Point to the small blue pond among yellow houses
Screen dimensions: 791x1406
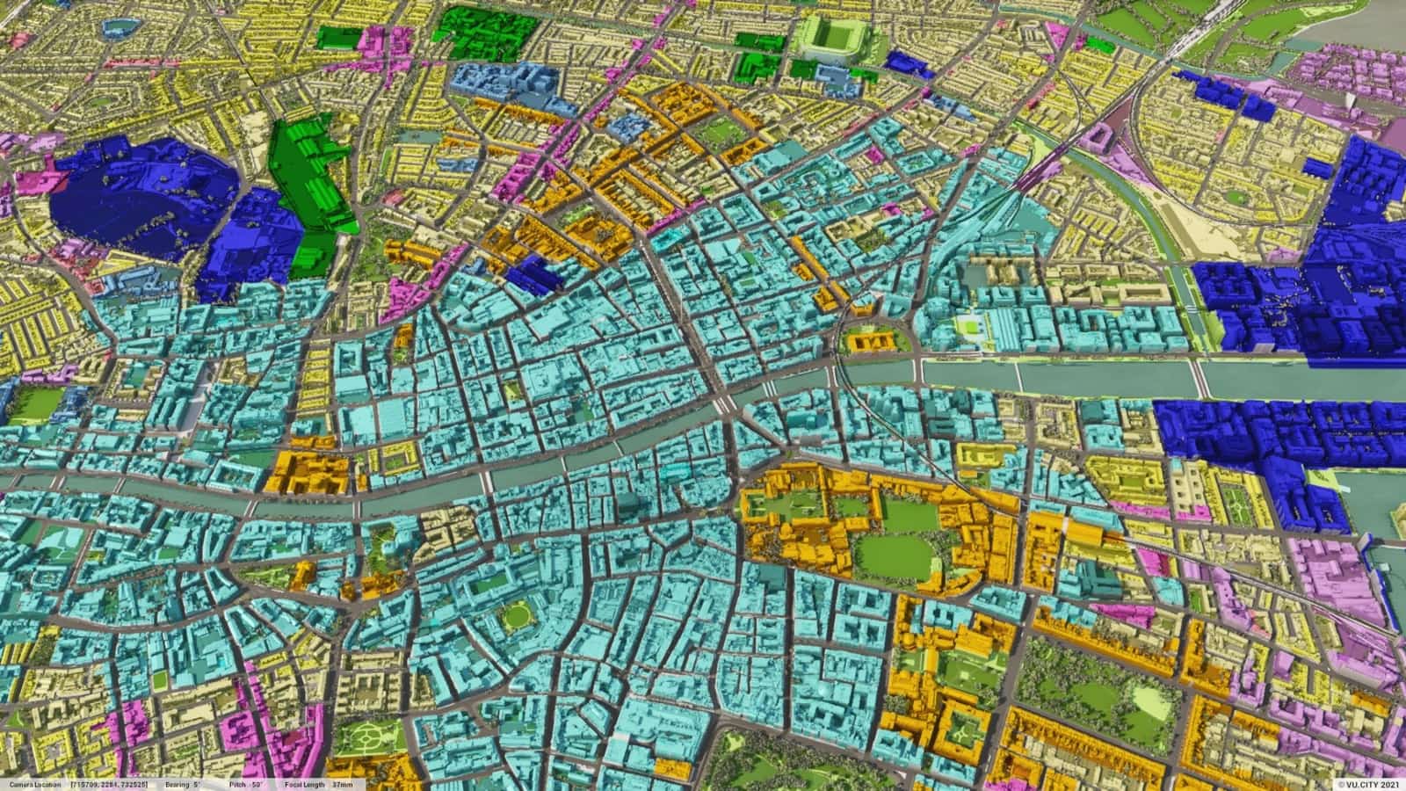[115, 27]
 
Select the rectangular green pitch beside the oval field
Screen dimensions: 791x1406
[851, 507]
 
